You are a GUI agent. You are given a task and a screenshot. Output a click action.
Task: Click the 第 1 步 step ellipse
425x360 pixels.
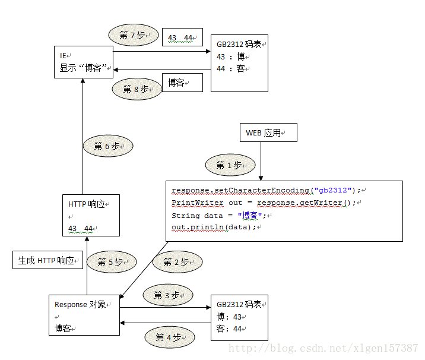tap(230, 165)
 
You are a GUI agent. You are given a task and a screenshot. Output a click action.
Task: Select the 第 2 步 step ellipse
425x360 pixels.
tap(177, 261)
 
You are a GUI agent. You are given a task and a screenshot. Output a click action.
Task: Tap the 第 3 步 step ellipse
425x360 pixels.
tap(167, 295)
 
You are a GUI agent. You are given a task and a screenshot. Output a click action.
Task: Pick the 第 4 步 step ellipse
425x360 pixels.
tap(169, 338)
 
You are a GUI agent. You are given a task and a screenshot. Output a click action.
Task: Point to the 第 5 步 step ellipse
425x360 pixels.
tap(111, 262)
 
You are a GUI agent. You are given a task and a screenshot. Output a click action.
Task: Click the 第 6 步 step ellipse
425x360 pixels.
tap(107, 146)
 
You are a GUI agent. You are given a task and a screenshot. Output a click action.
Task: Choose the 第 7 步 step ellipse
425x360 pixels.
tap(133, 35)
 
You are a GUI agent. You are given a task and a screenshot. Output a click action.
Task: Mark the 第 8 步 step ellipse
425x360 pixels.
tap(137, 89)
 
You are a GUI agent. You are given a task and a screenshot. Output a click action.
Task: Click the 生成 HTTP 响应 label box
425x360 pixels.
tap(47, 260)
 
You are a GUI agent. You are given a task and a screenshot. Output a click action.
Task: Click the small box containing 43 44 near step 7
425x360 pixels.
tap(182, 38)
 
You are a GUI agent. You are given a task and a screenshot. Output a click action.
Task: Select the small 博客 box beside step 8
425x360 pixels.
tap(182, 83)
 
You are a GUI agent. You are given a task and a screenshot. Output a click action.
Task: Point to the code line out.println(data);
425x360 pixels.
tap(214, 228)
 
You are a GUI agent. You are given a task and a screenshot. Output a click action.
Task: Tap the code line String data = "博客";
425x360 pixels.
tap(218, 215)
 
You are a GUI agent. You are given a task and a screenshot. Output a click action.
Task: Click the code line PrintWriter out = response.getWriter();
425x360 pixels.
tap(264, 203)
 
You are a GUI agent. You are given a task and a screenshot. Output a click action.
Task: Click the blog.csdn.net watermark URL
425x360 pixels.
tap(323, 348)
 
